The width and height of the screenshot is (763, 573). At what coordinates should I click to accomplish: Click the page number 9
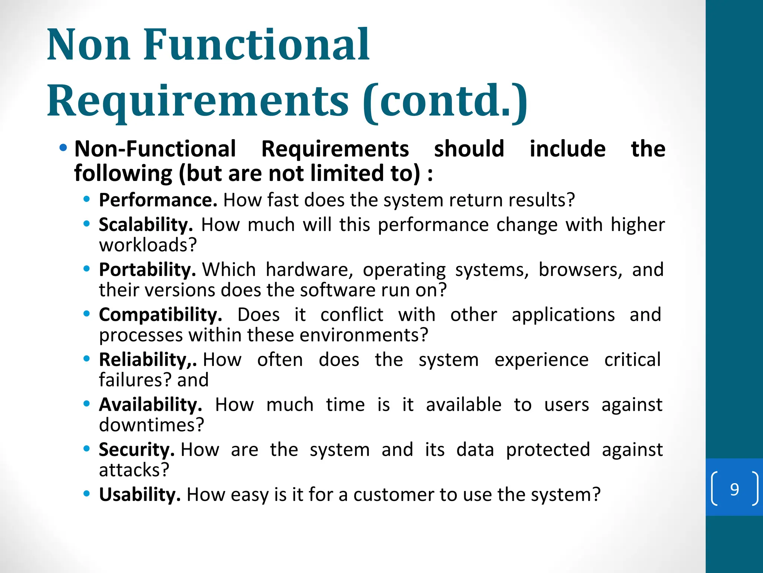point(734,489)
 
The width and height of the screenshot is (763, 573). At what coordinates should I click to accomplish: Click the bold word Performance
point(158,200)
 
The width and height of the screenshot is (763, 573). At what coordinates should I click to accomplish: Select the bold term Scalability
point(146,225)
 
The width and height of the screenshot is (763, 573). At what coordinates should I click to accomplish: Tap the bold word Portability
point(147,269)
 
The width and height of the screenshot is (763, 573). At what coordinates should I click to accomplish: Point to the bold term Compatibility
point(160,314)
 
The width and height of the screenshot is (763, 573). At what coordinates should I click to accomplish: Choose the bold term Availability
point(150,404)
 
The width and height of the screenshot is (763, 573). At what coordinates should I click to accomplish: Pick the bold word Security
point(136,450)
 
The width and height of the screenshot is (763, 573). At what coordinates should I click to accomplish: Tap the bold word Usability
point(140,495)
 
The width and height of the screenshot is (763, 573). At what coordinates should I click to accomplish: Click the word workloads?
point(148,245)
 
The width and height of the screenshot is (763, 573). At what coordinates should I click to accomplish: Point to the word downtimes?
point(152,425)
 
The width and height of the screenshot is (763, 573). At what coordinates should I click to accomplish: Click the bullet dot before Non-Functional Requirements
point(63,148)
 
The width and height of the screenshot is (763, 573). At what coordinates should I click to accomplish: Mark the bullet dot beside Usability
point(87,494)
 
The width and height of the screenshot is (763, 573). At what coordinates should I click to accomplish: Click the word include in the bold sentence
point(567,148)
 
